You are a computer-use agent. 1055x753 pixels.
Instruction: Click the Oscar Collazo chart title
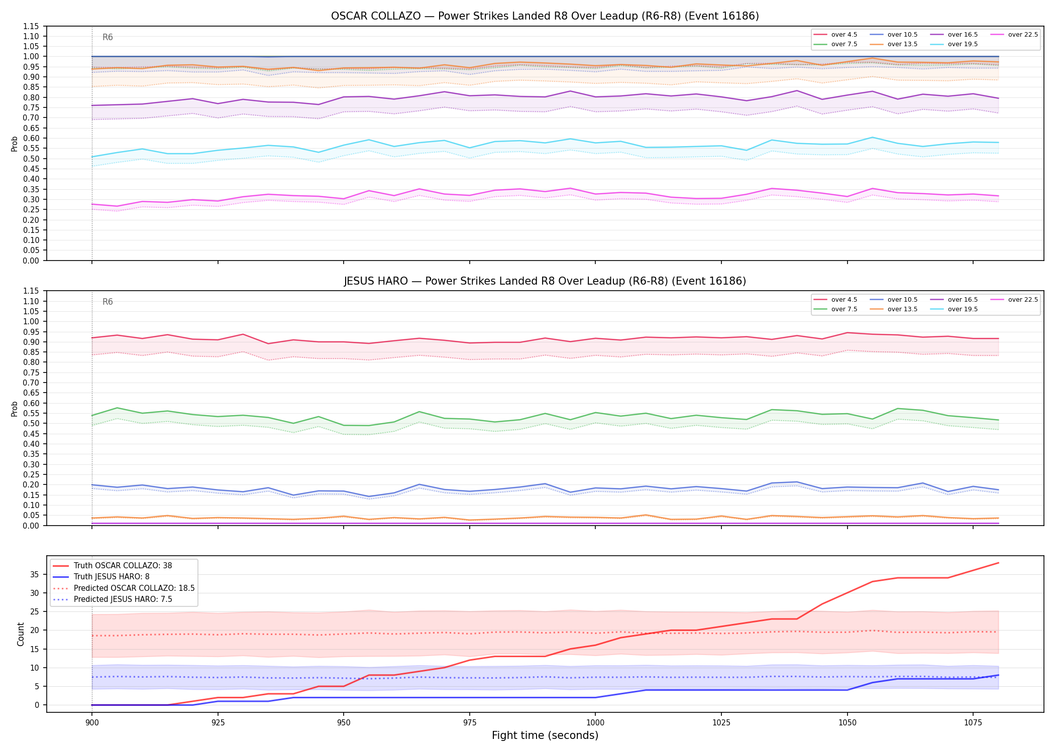545,16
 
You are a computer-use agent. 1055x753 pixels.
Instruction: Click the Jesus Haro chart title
545,281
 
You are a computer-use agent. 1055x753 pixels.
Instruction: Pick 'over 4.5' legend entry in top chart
835,35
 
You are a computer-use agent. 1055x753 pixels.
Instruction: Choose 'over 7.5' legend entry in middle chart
835,309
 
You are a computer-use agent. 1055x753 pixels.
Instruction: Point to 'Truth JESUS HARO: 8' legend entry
101,577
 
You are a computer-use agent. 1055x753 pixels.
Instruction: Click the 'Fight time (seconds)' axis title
545,735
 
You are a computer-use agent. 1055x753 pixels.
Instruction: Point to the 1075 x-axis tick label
973,723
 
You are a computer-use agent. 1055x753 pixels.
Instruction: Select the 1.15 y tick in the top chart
32,26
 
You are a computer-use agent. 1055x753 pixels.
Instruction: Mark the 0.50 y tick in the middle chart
32,424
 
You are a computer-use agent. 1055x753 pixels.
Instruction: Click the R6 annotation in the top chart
108,37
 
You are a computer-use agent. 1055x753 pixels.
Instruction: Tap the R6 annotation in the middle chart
108,302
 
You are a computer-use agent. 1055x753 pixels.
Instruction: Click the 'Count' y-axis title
21,634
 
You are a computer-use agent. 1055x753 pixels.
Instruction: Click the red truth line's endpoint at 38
998,563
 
